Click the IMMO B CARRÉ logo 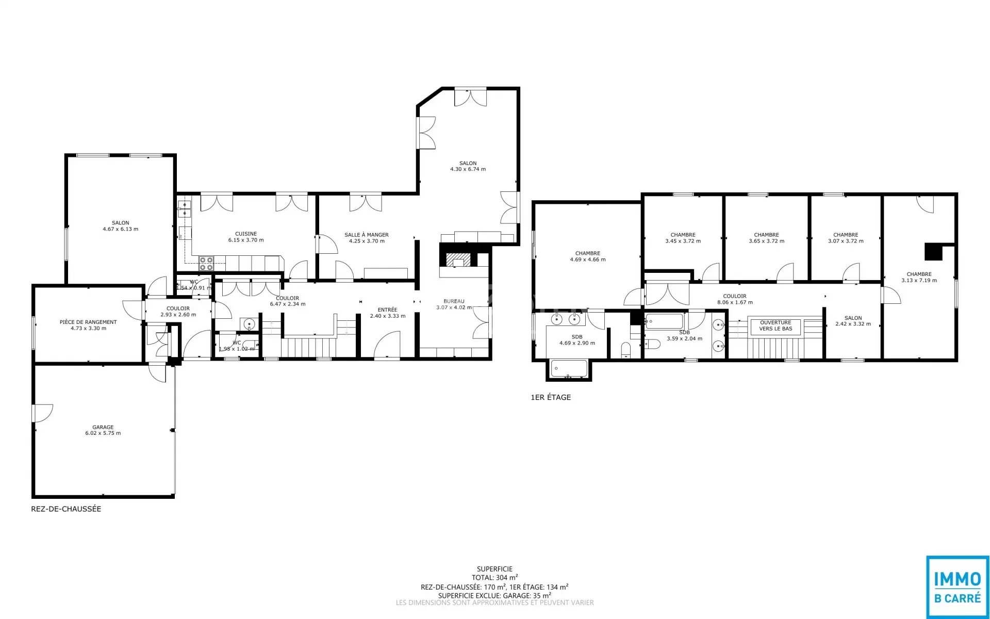coord(958,587)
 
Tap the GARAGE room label coord(103,427)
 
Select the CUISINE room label coord(246,234)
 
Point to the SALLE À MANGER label coord(367,235)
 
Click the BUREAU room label coord(454,301)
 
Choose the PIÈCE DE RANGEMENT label coord(88,322)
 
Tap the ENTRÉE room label coord(388,309)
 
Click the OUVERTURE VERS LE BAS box coord(775,325)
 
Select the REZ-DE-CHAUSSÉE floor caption coord(66,509)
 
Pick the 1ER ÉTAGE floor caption coord(551,397)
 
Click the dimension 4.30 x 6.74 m coord(468,169)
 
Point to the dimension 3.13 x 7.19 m coord(919,281)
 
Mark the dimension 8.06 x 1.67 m coord(735,302)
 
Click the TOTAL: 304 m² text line coord(495,578)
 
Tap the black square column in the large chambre coord(933,251)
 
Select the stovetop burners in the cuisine coord(206,264)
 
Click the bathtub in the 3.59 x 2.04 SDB coord(664,322)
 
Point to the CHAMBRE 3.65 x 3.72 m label coord(767,238)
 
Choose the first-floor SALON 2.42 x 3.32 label coord(853,321)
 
